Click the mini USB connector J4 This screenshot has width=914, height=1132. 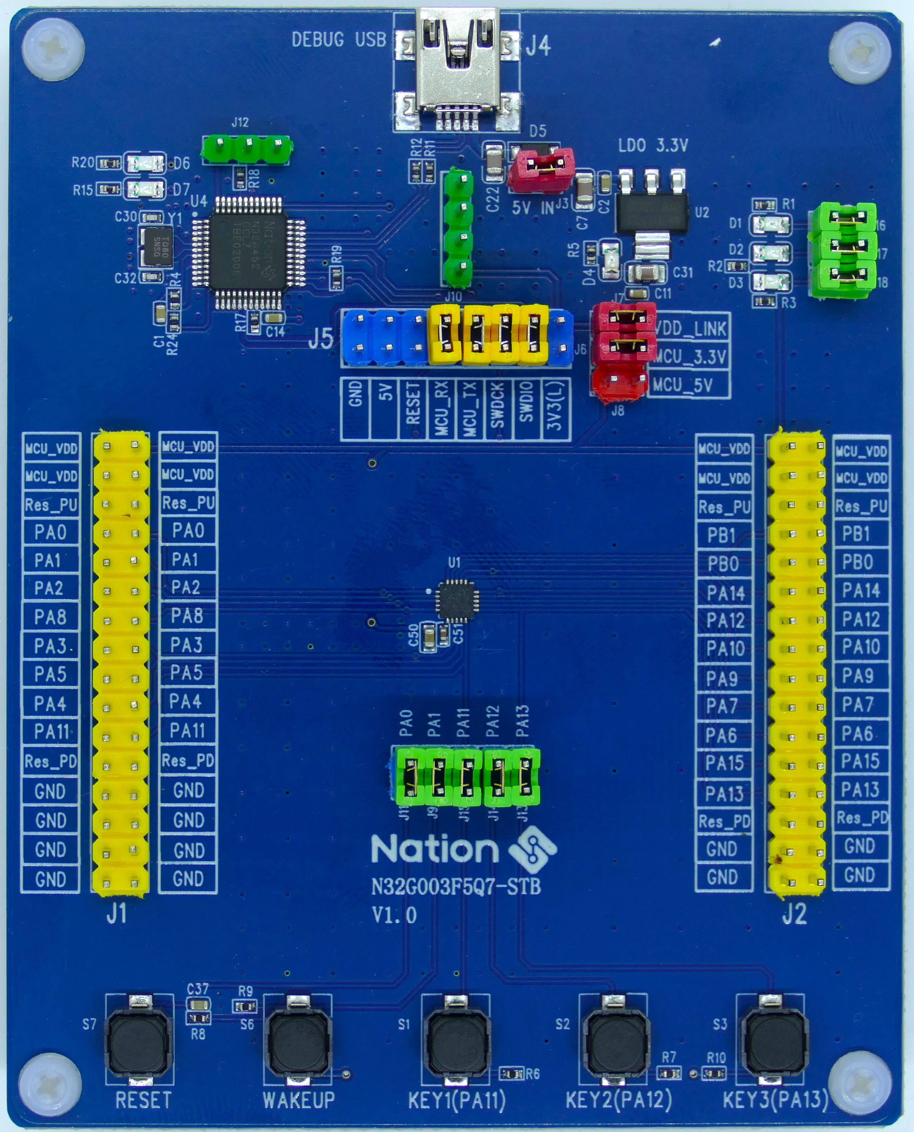click(457, 68)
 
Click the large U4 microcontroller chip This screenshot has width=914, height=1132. click(248, 253)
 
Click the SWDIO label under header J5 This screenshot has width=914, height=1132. click(527, 408)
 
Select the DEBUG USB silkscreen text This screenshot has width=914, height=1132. click(339, 40)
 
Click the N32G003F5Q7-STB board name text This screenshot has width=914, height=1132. click(456, 887)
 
